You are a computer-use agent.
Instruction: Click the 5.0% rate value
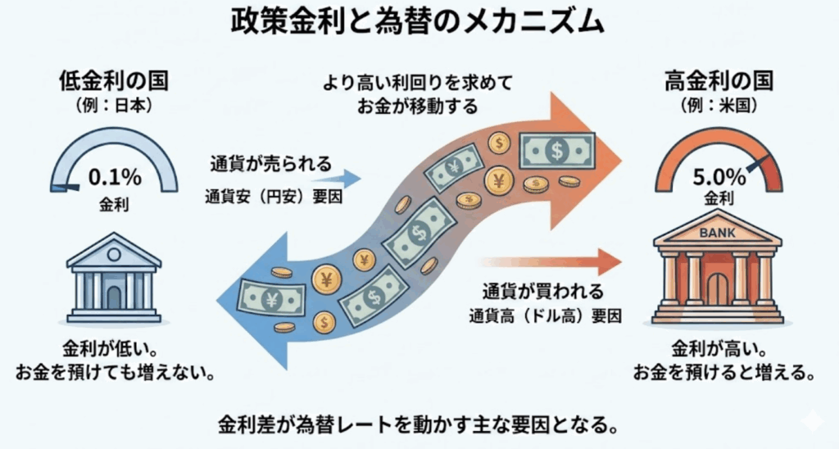[717, 177]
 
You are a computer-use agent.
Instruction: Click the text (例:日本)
[113, 107]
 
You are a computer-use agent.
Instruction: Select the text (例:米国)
[717, 107]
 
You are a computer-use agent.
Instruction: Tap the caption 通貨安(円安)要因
[273, 196]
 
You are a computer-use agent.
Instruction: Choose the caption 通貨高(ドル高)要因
[546, 315]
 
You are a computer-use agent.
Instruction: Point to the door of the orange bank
[718, 290]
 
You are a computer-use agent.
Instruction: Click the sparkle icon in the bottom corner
[812, 420]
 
